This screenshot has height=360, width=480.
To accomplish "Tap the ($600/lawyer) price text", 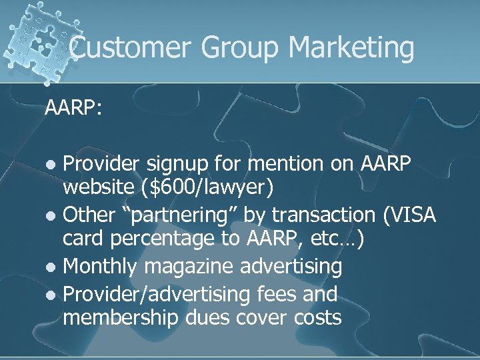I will tap(207, 189).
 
